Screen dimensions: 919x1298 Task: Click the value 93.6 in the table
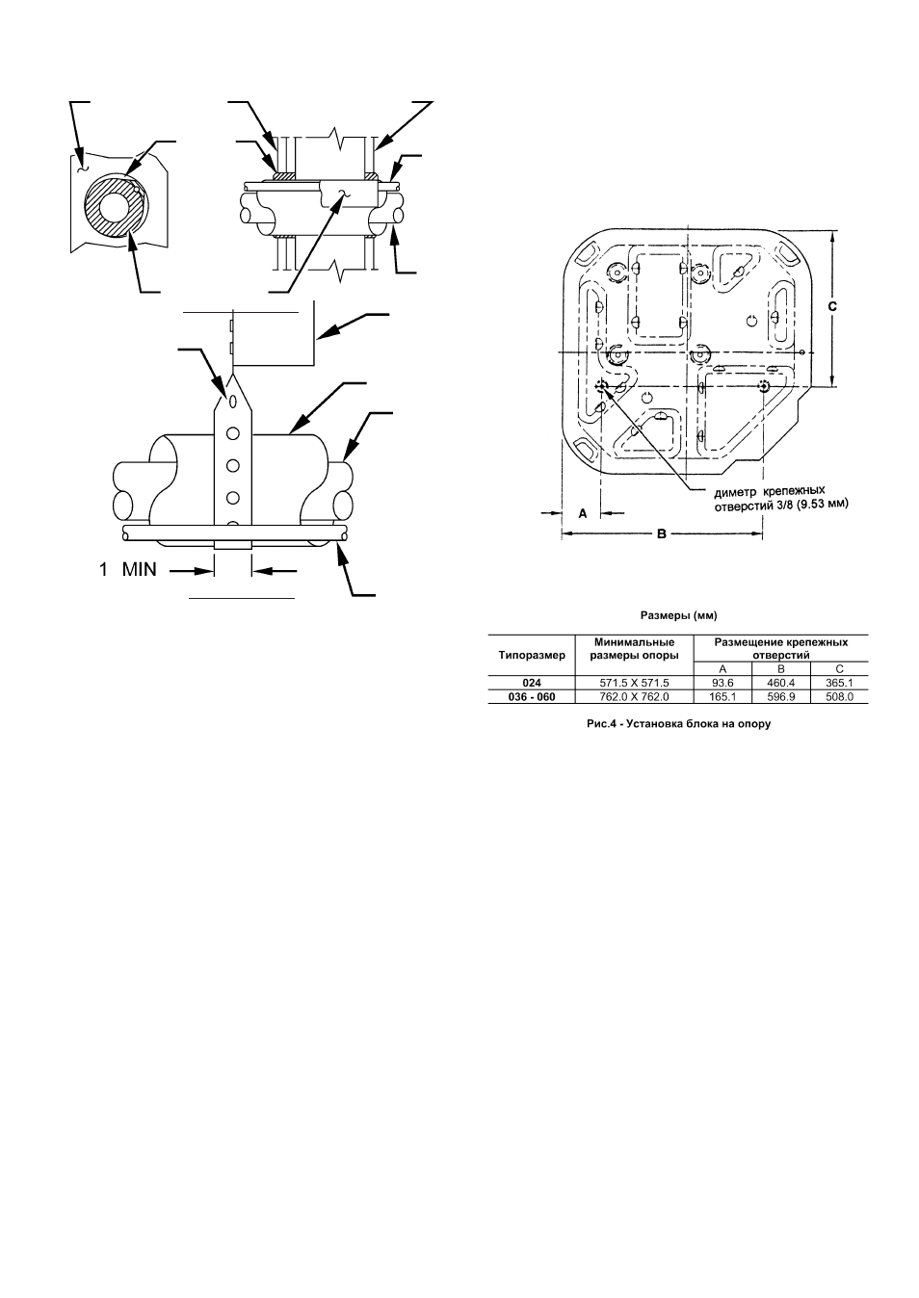722,684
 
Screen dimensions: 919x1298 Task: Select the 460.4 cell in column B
780,684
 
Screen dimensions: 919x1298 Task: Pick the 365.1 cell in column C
839,684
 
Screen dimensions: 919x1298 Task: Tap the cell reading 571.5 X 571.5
634,684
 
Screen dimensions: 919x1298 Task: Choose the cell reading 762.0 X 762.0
634,696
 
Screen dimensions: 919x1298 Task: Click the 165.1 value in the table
722,696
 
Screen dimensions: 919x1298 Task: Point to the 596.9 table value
780,696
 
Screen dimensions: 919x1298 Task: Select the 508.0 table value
839,696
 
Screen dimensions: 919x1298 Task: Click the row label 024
532,684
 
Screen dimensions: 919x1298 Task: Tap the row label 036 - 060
532,696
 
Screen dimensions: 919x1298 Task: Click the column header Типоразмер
532,656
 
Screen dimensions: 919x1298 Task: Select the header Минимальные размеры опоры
634,649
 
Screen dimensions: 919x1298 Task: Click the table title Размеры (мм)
678,615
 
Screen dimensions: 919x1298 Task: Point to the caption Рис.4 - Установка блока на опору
678,724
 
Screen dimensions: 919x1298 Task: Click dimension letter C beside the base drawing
832,306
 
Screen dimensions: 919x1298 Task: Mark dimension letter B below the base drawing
662,533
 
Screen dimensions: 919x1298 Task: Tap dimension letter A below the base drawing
584,513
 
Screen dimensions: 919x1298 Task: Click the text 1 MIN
127,570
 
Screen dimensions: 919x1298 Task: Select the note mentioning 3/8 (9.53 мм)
780,499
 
